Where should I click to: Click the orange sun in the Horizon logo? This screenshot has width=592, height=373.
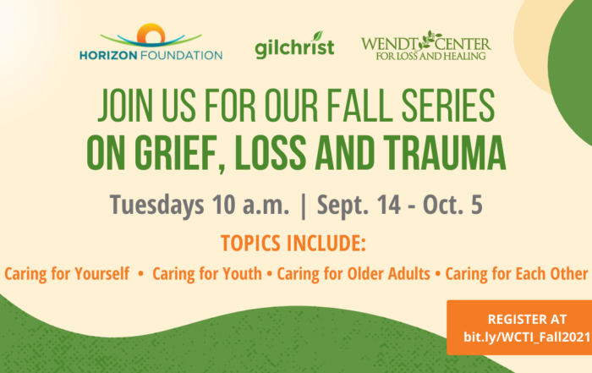coord(151,32)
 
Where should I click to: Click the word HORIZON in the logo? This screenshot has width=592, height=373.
coord(108,56)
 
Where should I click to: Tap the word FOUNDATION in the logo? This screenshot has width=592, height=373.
coord(181,56)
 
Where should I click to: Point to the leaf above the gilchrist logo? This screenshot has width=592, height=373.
coord(318,36)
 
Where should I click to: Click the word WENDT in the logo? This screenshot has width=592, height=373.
coord(390,44)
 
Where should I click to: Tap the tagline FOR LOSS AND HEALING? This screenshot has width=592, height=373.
coord(430,57)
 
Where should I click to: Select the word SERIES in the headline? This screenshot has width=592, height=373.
coord(447,106)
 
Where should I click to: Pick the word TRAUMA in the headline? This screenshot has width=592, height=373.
coord(444,152)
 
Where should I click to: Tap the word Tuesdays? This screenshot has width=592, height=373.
coord(156,205)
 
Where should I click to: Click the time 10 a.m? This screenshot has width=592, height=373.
coord(250,205)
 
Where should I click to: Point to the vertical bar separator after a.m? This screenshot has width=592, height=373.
coord(303,206)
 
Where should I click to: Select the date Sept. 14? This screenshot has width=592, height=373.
coord(359,205)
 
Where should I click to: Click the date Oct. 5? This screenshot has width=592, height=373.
coord(452,205)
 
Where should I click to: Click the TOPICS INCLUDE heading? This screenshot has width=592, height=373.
coord(293,243)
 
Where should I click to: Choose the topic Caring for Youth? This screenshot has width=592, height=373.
coord(207,274)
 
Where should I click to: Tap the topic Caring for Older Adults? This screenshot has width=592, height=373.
coord(354,274)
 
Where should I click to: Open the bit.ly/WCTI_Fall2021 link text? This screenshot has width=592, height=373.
coord(527,337)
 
